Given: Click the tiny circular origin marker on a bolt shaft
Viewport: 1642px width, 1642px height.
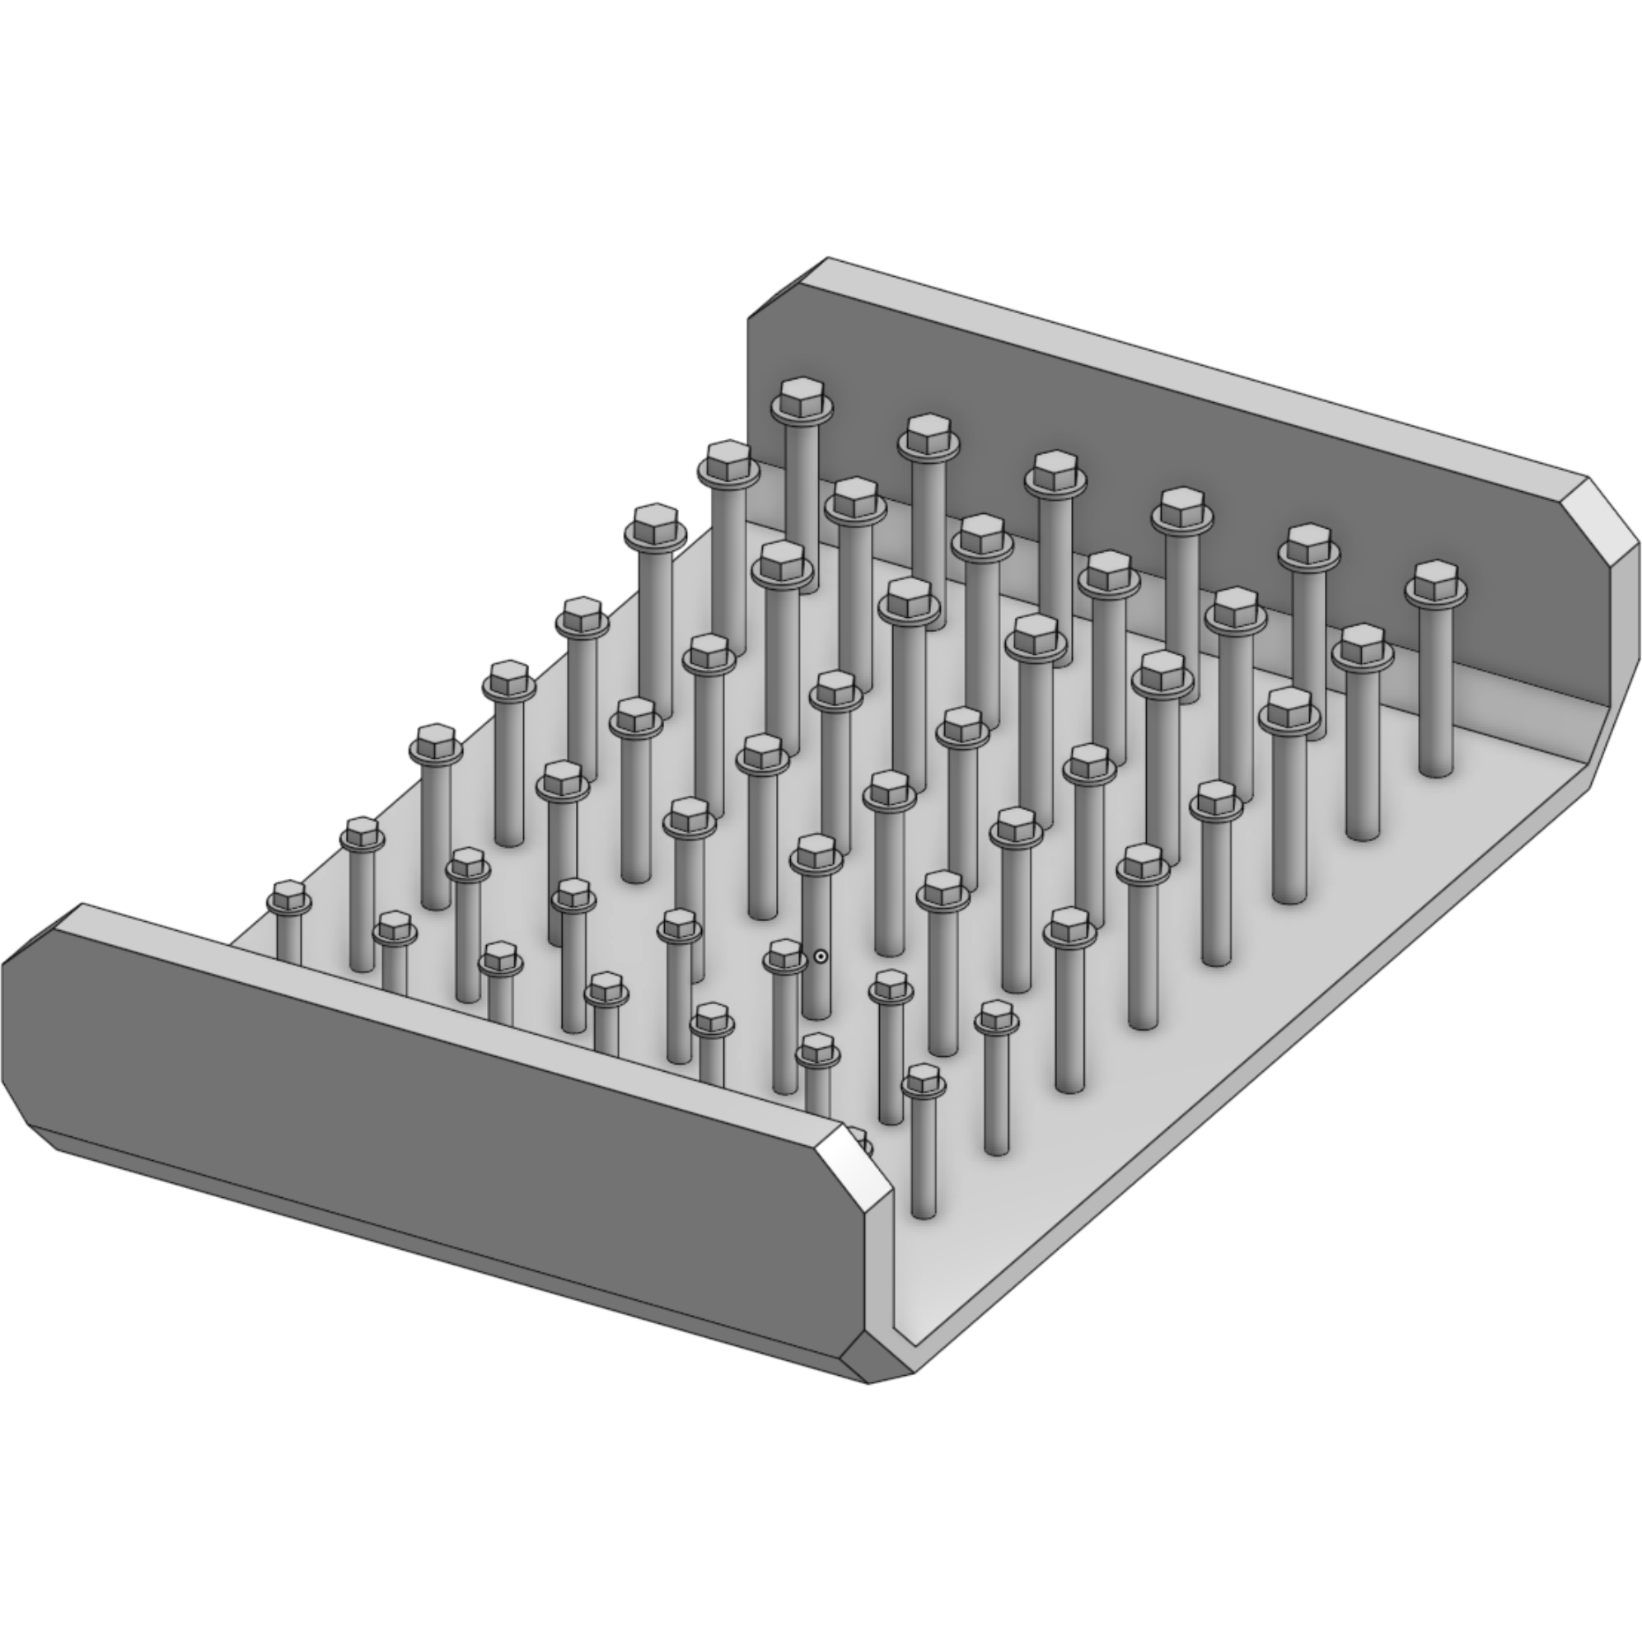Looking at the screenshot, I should (820, 957).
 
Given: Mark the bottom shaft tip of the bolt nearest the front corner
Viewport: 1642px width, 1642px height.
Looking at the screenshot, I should (923, 1215).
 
